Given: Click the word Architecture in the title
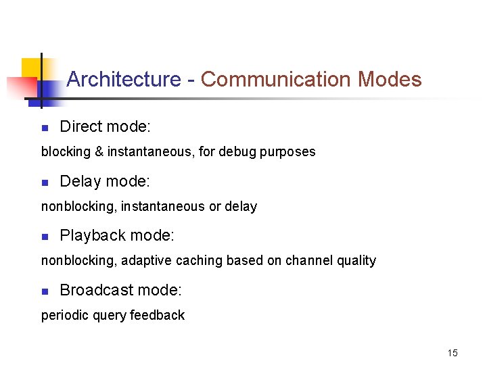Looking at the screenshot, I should click(x=124, y=80).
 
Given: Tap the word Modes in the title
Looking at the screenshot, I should click(x=390, y=80).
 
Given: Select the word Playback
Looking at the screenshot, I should click(x=93, y=236).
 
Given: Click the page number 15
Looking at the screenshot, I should click(x=452, y=353).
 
